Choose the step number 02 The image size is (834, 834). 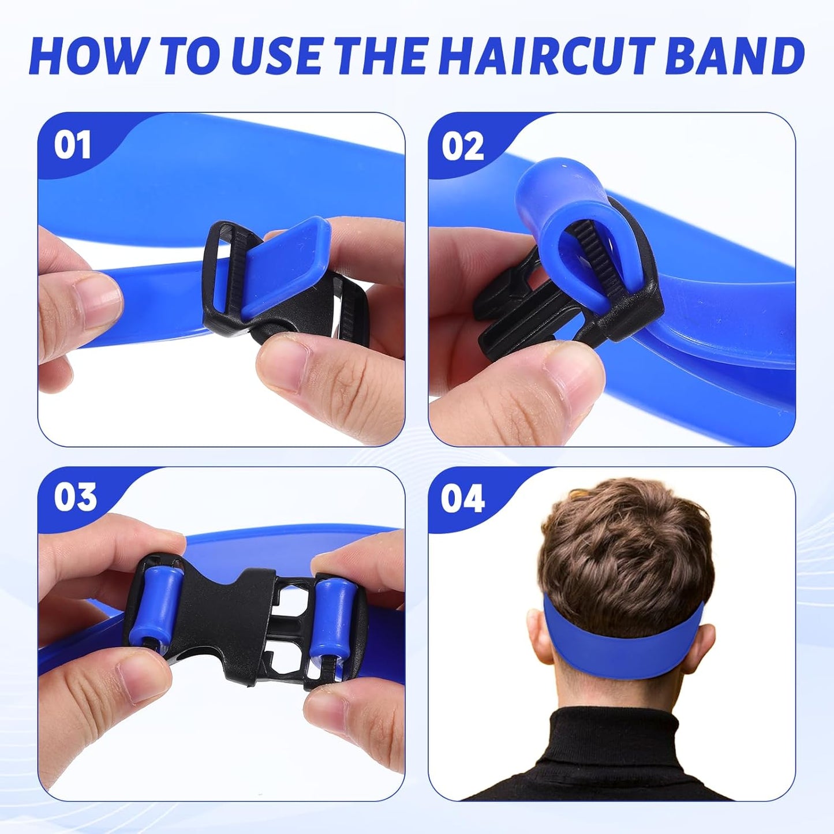(462, 147)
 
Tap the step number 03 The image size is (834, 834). (75, 498)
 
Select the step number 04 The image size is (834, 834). (462, 499)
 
